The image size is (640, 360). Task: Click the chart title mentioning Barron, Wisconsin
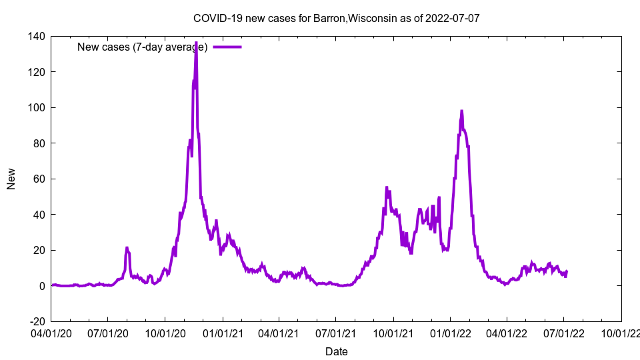coord(336,18)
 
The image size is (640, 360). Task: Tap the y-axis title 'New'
coord(11,179)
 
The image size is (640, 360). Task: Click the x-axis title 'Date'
coord(336,351)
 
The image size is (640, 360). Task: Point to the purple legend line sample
coord(227,47)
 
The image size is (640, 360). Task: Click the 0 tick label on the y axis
coord(41,286)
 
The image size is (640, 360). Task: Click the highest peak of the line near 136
coord(196,43)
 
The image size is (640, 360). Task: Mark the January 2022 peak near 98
coord(461,111)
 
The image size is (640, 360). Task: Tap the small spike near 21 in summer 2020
coord(127,248)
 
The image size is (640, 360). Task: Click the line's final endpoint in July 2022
coord(567,271)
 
